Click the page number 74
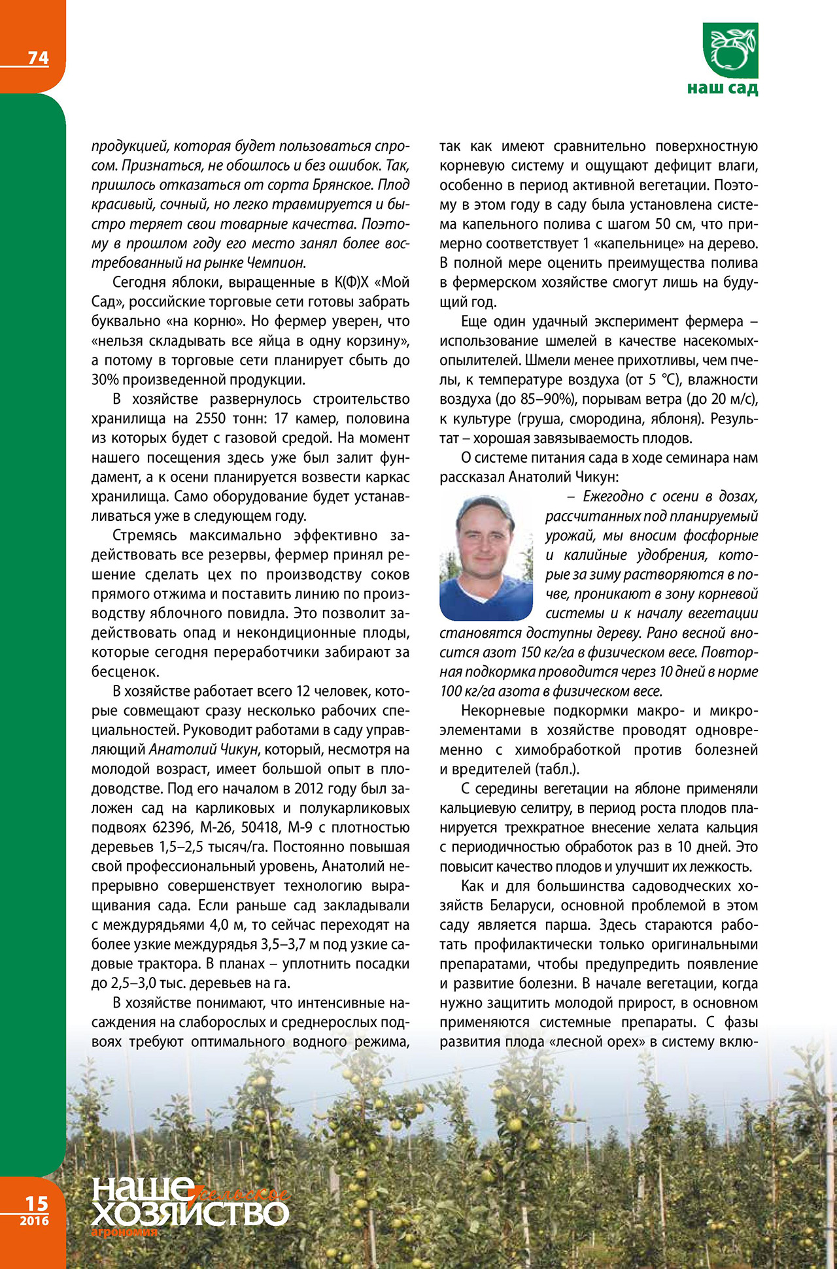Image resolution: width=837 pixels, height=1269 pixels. pyautogui.click(x=38, y=58)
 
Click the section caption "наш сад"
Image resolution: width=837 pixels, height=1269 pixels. pyautogui.click(x=723, y=88)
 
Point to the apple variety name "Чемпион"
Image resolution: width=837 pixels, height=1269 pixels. pyautogui.click(x=276, y=263)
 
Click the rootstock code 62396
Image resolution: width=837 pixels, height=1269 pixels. pyautogui.click(x=173, y=827)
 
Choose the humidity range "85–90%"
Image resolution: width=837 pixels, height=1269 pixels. pyautogui.click(x=551, y=399)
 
